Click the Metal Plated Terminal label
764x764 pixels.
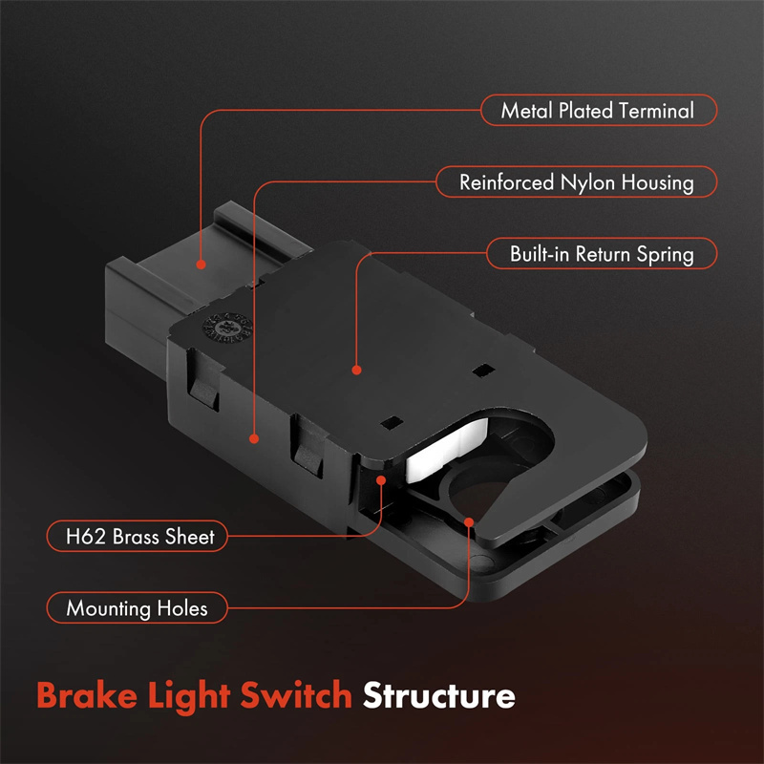click(x=597, y=111)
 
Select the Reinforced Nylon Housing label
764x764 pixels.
click(x=576, y=181)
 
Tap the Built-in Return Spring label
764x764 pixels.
click(x=601, y=255)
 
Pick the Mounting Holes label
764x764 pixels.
click(x=137, y=607)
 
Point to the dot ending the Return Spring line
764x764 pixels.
click(x=356, y=370)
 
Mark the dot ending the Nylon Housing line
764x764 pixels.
click(x=255, y=438)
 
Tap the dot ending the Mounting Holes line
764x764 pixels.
click(x=469, y=521)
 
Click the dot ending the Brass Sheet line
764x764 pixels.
click(x=382, y=481)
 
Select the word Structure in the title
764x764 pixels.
click(x=438, y=696)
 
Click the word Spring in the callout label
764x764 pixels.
click(x=666, y=255)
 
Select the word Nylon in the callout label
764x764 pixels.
click(x=574, y=181)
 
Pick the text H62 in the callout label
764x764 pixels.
click(x=81, y=536)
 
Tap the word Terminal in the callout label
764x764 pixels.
click(x=656, y=111)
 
